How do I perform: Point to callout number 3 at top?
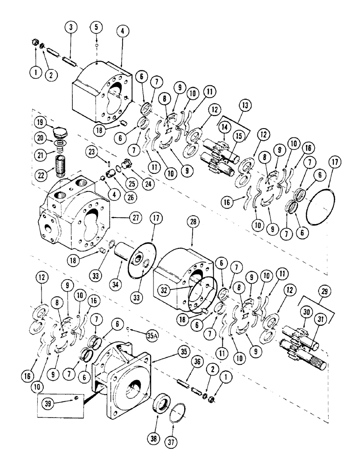click(x=70, y=27)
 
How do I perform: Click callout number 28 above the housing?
click(x=194, y=222)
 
